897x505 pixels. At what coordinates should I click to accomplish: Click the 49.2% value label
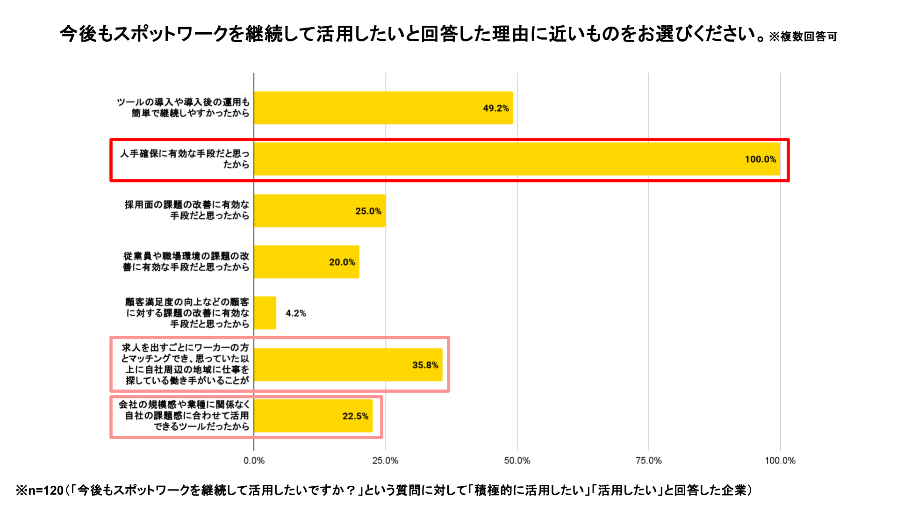pyautogui.click(x=495, y=108)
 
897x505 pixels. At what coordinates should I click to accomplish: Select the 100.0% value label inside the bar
pyautogui.click(x=760, y=159)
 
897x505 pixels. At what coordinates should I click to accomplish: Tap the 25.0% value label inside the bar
pyautogui.click(x=368, y=211)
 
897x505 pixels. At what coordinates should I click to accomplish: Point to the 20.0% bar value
pyautogui.click(x=342, y=262)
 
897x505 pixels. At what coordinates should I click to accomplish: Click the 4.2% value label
pyautogui.click(x=295, y=313)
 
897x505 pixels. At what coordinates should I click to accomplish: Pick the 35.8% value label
pyautogui.click(x=425, y=365)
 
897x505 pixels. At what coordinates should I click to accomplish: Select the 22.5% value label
pyautogui.click(x=355, y=416)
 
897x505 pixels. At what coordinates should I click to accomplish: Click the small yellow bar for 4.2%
pyautogui.click(x=265, y=313)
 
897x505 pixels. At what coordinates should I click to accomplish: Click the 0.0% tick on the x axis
pyautogui.click(x=254, y=461)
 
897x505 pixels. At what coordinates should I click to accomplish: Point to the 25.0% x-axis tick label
pyautogui.click(x=385, y=461)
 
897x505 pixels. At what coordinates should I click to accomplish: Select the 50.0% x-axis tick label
pyautogui.click(x=517, y=461)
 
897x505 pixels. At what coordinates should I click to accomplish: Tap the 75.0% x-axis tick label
pyautogui.click(x=648, y=461)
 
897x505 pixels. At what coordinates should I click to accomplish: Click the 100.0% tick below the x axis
pyautogui.click(x=780, y=461)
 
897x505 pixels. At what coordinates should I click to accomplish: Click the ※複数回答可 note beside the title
pyautogui.click(x=803, y=36)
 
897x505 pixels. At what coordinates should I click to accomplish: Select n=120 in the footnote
pyautogui.click(x=46, y=490)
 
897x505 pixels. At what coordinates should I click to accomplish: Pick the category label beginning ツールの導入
pyautogui.click(x=183, y=108)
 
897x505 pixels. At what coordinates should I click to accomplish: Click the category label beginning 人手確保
pyautogui.click(x=185, y=159)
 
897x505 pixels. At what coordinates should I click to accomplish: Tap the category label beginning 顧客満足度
pyautogui.click(x=187, y=313)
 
